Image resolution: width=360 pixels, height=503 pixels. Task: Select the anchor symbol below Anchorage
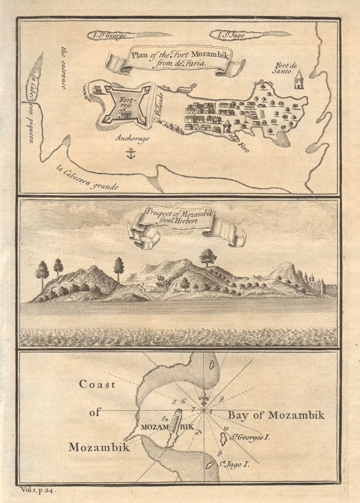[x=131, y=154]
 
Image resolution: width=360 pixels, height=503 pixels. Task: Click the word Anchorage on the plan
[x=132, y=139]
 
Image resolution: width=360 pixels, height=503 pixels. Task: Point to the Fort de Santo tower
[x=299, y=80]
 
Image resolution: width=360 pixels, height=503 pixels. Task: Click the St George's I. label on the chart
[x=250, y=437]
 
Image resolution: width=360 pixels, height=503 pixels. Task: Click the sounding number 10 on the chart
[x=226, y=428]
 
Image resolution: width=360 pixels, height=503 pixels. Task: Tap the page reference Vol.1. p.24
[x=40, y=490]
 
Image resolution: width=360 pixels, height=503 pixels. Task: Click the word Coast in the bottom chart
[x=97, y=384]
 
